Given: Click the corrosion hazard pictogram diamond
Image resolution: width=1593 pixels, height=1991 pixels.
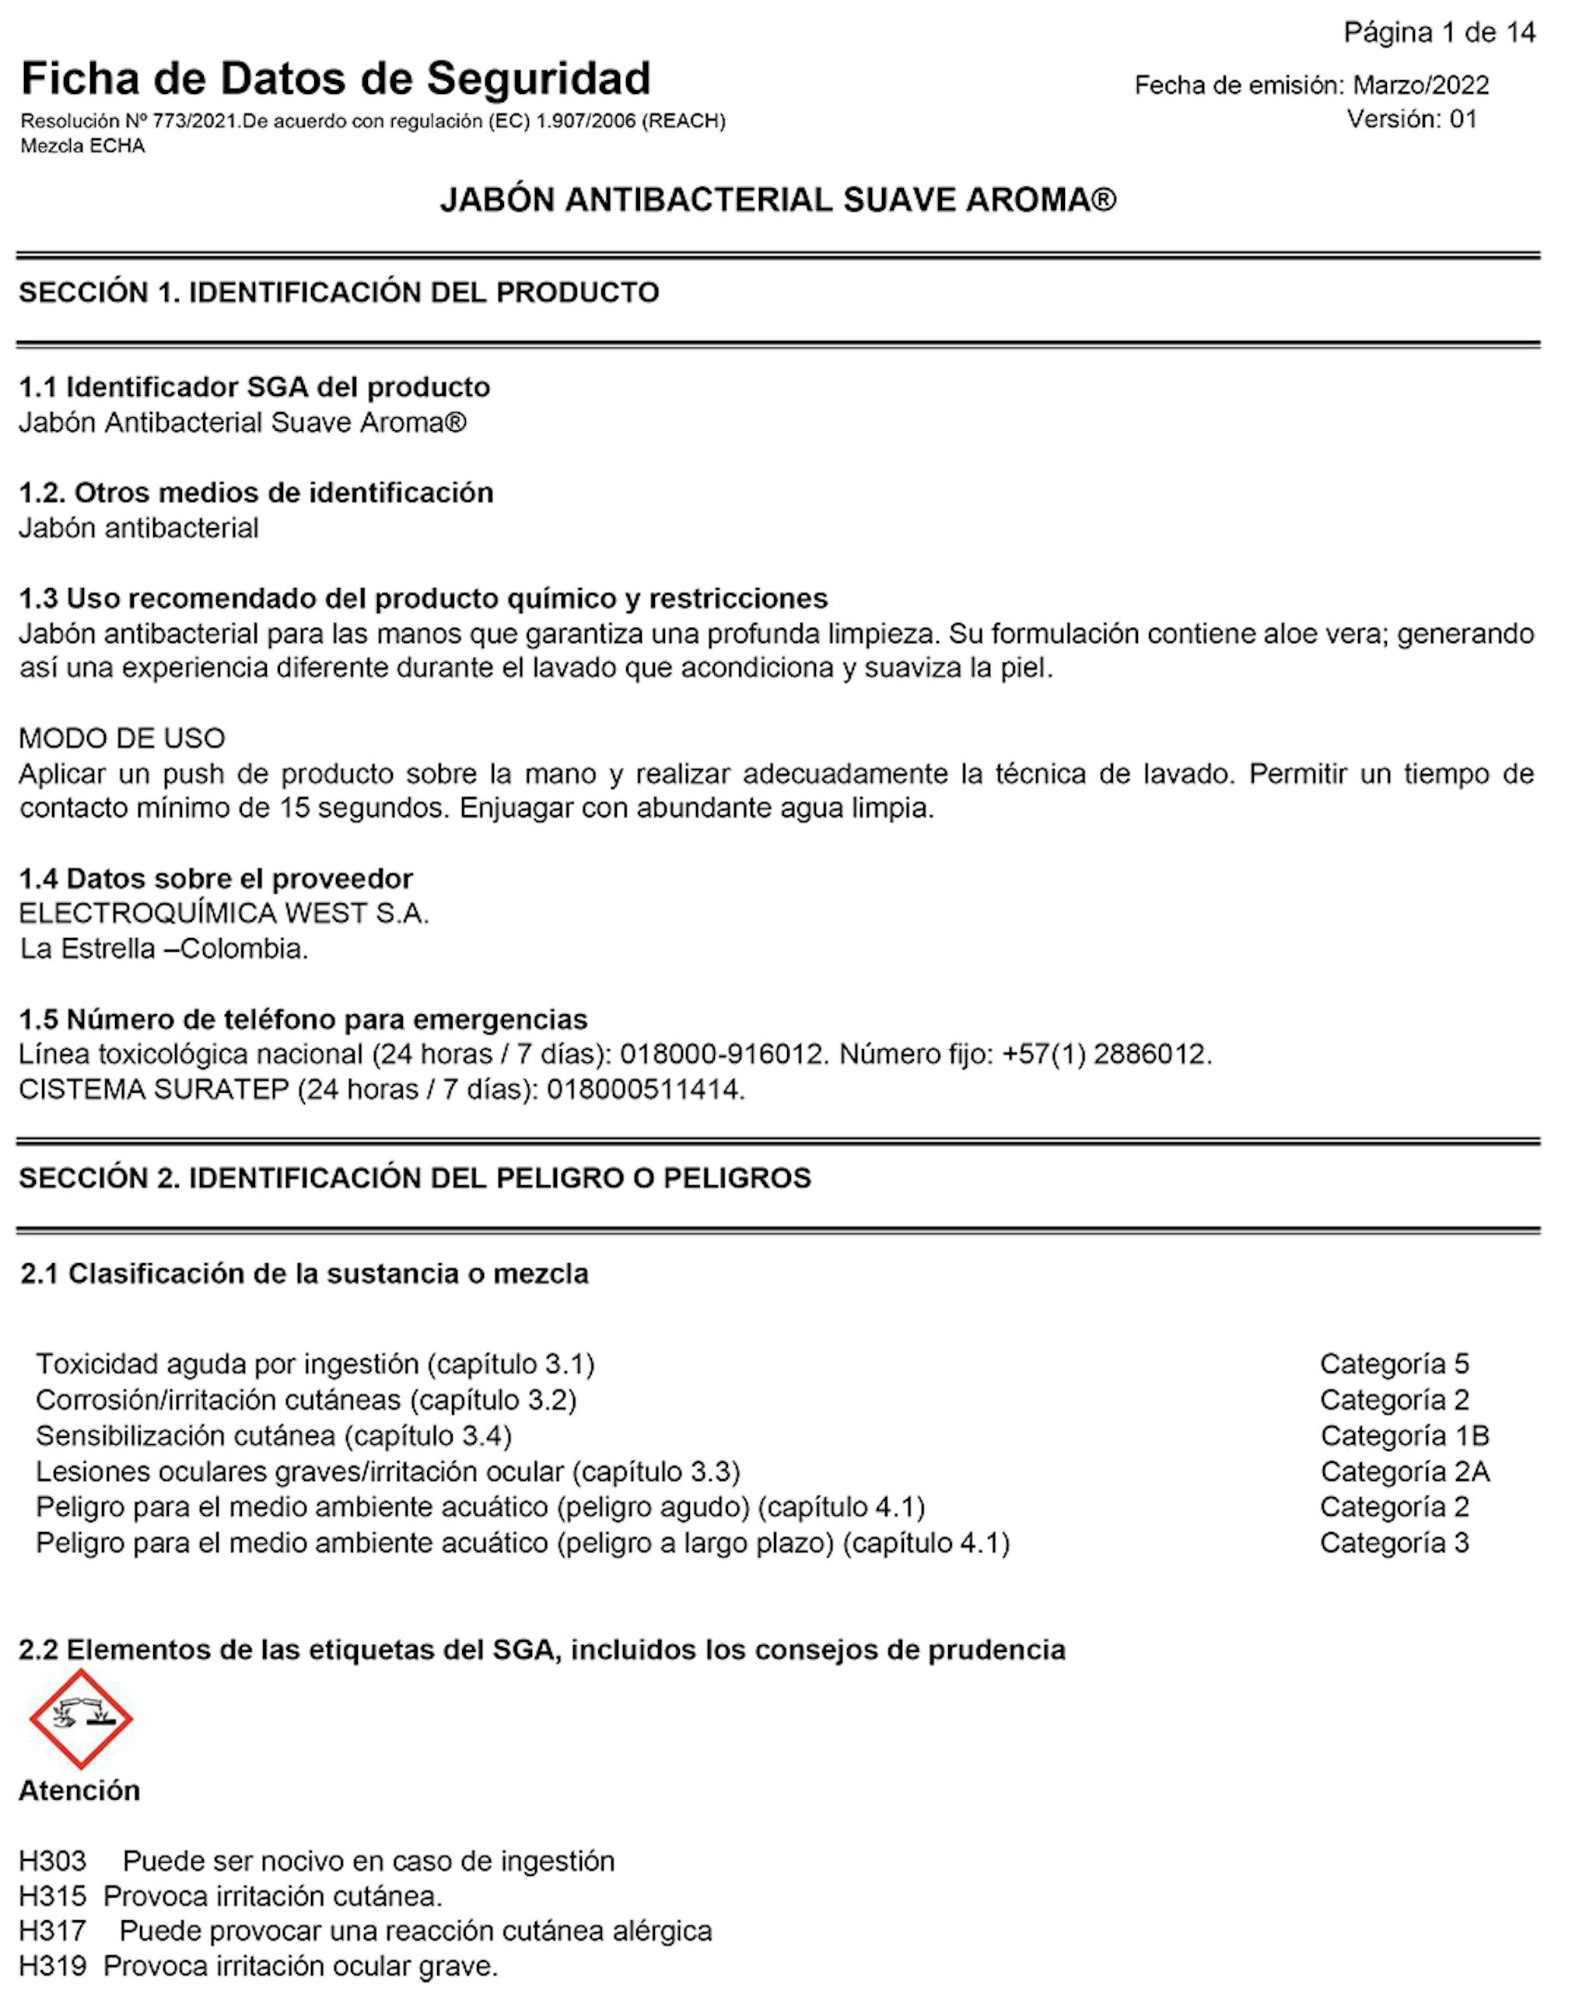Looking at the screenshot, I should (x=80, y=1720).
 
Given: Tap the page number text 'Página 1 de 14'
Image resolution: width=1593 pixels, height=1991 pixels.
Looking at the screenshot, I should (x=1438, y=33).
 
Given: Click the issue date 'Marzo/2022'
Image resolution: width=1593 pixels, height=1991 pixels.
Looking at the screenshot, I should (x=1420, y=86).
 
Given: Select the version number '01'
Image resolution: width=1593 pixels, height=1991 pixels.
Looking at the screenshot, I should (x=1463, y=119).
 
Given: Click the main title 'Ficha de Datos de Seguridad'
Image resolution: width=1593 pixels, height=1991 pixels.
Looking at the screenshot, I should (x=335, y=79).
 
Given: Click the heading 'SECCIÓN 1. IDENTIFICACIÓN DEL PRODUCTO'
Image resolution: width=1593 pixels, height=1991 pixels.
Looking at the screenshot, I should (x=339, y=292).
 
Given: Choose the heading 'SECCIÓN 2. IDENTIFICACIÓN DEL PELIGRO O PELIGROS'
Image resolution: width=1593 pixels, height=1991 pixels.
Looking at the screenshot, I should (x=415, y=1178).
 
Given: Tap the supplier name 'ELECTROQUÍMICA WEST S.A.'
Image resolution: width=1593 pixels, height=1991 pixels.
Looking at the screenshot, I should (x=223, y=913).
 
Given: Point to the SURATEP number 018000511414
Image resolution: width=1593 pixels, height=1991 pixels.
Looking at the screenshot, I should (x=644, y=1090).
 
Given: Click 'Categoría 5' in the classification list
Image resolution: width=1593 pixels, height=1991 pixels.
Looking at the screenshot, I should (x=1394, y=1364).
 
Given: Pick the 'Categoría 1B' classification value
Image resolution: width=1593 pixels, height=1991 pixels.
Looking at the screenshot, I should (x=1404, y=1436).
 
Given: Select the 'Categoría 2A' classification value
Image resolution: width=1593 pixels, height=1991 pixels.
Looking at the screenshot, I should (x=1404, y=1471).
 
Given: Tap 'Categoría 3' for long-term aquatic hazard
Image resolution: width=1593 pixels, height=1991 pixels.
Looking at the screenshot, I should (x=1394, y=1543).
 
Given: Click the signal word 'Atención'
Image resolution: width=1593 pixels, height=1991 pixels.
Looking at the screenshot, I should (x=79, y=1790).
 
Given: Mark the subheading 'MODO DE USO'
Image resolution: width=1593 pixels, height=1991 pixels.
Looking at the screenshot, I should (x=122, y=739).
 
